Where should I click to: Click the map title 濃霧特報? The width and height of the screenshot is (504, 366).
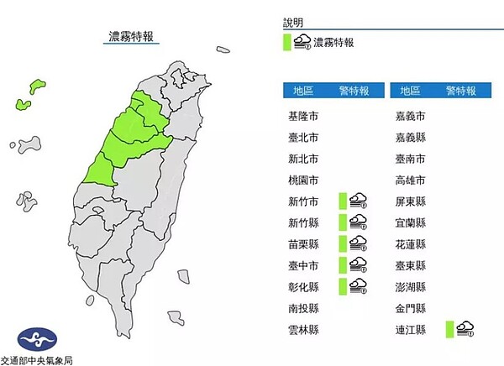pyautogui.click(x=133, y=38)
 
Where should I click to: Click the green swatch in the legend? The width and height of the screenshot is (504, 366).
pyautogui.click(x=286, y=41)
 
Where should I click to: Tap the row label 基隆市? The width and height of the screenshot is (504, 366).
pyautogui.click(x=302, y=116)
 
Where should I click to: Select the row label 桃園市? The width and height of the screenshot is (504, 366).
pyautogui.click(x=302, y=180)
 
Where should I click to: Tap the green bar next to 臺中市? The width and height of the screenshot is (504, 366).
pyautogui.click(x=343, y=265)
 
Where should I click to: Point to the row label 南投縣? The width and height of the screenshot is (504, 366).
pyautogui.click(x=302, y=308)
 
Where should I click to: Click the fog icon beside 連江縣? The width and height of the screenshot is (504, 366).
pyautogui.click(x=465, y=329)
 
